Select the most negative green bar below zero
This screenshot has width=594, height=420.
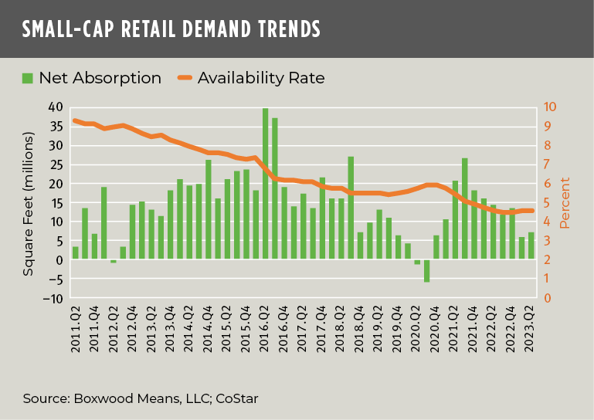point(426,271)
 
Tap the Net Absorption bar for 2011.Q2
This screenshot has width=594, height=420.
point(76,253)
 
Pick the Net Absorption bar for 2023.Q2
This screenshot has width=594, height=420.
point(531,246)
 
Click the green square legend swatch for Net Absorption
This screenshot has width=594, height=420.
point(28,78)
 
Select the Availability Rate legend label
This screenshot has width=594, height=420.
point(261,78)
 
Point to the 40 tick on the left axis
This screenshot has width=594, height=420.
point(55,107)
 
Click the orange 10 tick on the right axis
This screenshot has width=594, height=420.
point(549,107)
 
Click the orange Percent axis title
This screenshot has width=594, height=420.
point(565,202)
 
